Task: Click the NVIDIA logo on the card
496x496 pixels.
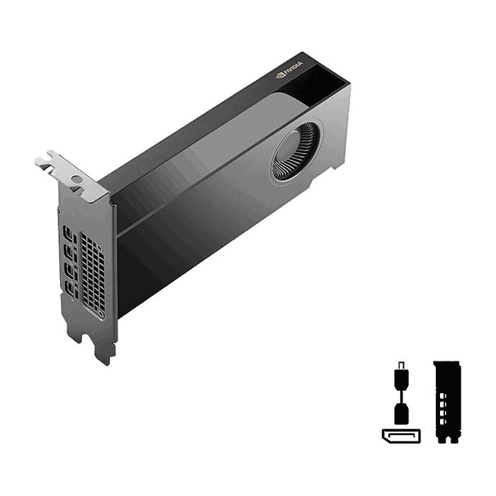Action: (289, 69)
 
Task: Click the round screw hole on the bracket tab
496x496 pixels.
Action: (77, 179)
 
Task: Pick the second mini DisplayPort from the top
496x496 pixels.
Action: (70, 254)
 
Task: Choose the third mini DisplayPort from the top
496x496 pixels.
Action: (71, 273)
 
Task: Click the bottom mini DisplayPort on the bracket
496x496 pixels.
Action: (72, 291)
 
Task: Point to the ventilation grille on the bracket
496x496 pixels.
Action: (93, 271)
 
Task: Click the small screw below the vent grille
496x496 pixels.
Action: (101, 315)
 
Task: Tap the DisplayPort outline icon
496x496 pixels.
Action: (401, 436)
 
